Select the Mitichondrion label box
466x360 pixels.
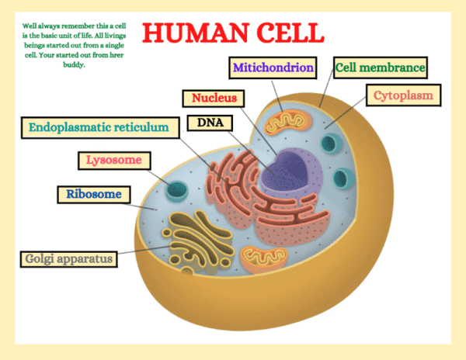click(273, 67)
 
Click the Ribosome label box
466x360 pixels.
click(93, 194)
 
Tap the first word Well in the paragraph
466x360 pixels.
click(30, 26)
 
